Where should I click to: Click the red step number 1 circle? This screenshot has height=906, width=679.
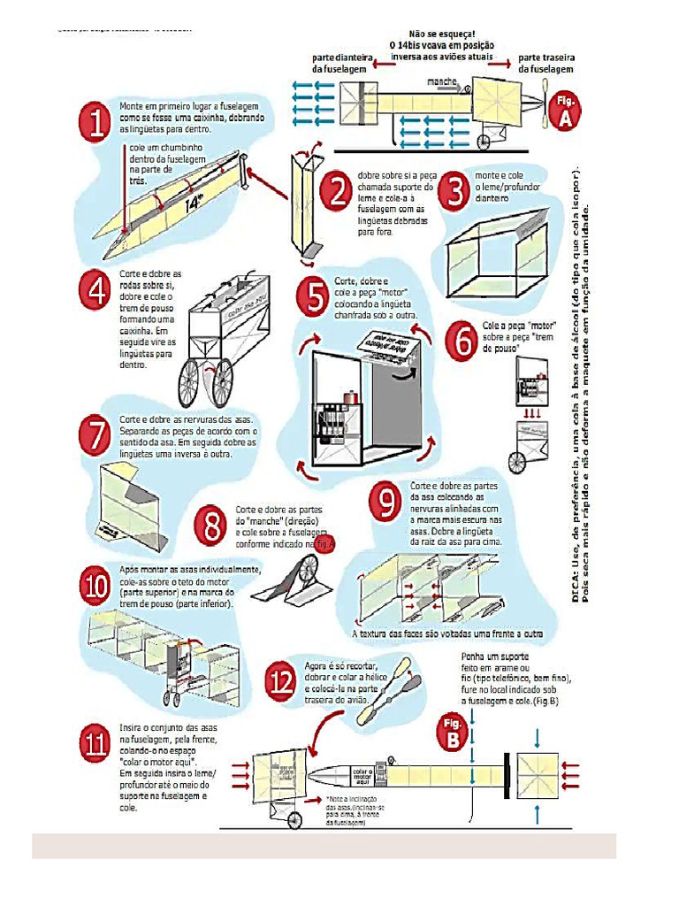point(95,123)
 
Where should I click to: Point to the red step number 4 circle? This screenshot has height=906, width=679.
point(95,290)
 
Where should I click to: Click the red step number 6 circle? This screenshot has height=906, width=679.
point(462,340)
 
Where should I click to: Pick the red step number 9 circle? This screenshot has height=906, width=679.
point(386,502)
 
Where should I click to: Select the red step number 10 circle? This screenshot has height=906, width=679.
point(95,586)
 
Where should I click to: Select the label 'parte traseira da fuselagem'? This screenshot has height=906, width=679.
point(545,62)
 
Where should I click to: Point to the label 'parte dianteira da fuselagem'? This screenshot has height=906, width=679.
point(339,62)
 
